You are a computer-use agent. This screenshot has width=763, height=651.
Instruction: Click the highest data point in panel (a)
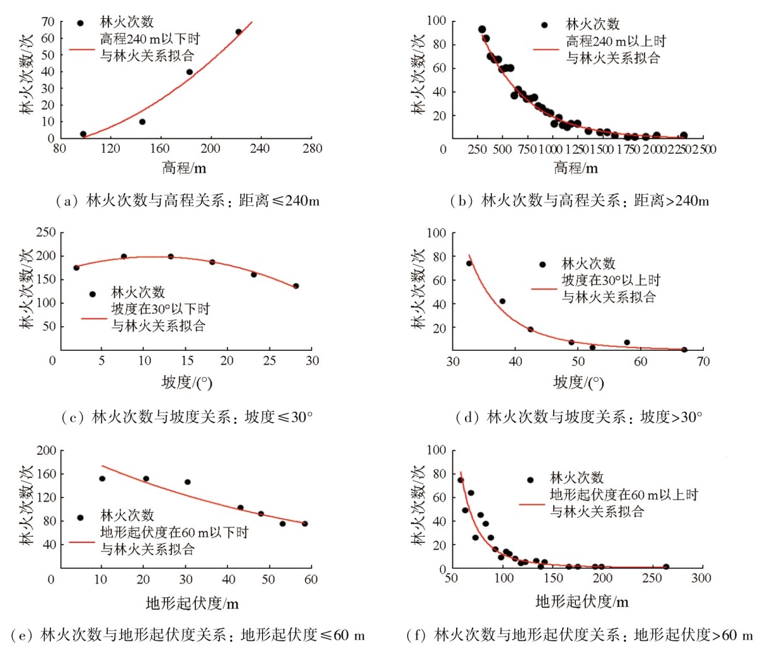coord(239,32)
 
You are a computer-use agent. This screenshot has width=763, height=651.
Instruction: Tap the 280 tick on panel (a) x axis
coord(312,149)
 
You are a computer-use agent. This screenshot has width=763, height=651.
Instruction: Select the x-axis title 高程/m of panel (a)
coord(184,168)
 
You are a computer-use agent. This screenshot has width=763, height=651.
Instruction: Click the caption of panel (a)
coord(188,201)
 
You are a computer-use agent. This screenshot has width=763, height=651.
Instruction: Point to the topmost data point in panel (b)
coord(482,30)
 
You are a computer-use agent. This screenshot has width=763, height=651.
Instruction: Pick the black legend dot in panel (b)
coord(544,25)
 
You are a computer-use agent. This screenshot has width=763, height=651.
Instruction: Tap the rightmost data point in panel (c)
coord(296,286)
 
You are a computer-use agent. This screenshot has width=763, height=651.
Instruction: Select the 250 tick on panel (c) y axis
coord(45,233)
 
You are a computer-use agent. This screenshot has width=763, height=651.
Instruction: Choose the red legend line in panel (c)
coord(94,319)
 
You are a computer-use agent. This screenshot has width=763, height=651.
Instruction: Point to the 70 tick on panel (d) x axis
coord(703,361)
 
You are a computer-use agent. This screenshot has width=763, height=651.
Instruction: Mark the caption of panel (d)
coord(578,417)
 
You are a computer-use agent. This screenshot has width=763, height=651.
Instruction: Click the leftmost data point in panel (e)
coord(102,478)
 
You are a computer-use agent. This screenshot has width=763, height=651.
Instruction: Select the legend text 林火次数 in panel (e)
coord(127,515)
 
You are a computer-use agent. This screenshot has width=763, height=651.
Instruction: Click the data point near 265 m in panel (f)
coord(666,566)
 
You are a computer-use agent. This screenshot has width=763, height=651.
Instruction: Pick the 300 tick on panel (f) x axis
coord(701,578)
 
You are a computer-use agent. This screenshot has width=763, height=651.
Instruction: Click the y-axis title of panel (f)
coord(419,505)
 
